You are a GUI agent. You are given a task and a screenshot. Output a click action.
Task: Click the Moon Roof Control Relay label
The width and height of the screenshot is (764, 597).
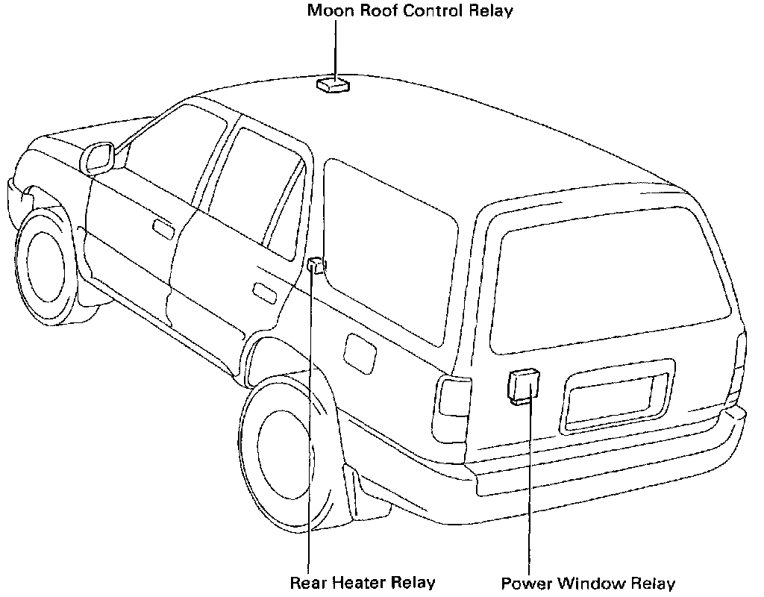(410, 11)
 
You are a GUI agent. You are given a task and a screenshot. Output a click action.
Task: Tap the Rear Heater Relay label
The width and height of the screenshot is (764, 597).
(362, 582)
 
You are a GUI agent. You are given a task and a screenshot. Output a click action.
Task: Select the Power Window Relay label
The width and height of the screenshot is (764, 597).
(588, 583)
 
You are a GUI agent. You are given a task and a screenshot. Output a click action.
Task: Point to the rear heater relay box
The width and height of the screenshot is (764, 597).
(316, 264)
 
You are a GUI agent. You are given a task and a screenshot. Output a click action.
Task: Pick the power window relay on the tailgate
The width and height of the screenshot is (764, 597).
(524, 386)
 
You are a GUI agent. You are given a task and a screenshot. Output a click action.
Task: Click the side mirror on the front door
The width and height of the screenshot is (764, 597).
(98, 157)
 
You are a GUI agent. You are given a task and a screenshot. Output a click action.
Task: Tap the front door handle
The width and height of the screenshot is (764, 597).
(163, 228)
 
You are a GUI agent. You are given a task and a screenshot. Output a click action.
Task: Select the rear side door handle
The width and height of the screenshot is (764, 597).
(264, 291)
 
